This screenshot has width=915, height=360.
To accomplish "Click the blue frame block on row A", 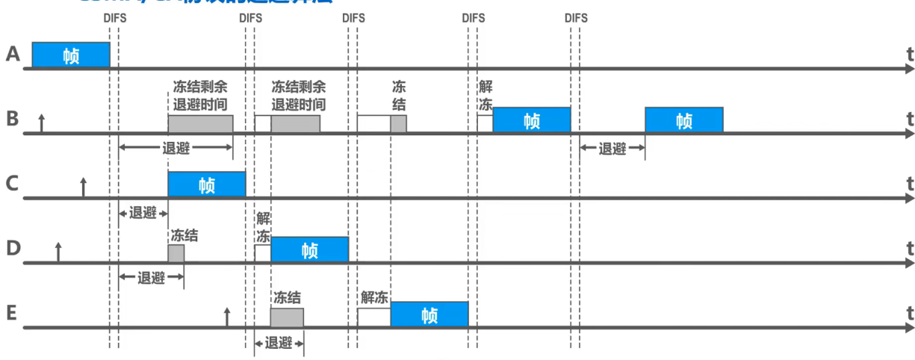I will click(x=71, y=55).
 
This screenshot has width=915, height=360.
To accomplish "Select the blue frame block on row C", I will click(x=207, y=184).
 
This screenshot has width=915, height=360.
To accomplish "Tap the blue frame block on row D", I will click(x=309, y=249).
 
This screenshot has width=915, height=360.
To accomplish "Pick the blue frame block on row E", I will click(x=429, y=314).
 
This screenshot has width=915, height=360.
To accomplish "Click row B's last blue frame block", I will click(x=683, y=120).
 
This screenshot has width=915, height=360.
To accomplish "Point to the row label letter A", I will click(x=12, y=54).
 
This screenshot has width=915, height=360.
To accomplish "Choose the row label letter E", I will click(x=12, y=312).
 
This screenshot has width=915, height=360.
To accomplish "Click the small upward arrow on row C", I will click(x=84, y=187).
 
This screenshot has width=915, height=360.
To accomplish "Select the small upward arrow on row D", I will click(x=58, y=252).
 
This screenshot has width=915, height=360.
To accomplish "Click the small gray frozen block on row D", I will click(x=176, y=253).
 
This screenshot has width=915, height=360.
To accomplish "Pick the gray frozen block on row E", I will click(x=287, y=318).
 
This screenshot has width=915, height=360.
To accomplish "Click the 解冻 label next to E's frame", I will click(x=374, y=297).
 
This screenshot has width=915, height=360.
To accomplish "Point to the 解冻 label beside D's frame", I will click(x=263, y=227).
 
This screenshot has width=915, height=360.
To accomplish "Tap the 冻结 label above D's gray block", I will click(x=184, y=235).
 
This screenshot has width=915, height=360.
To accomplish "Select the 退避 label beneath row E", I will click(x=279, y=343).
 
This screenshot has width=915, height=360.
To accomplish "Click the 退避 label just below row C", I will click(x=143, y=212).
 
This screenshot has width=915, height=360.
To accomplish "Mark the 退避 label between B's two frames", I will click(x=612, y=148).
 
